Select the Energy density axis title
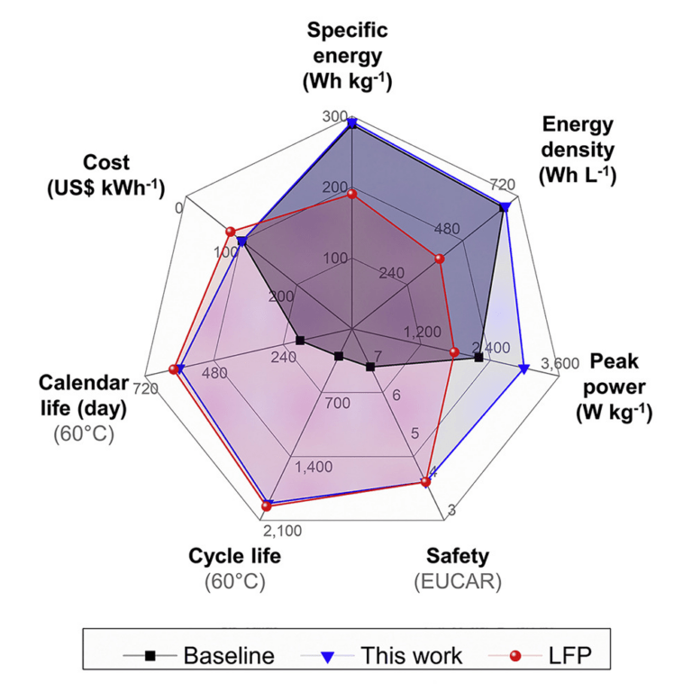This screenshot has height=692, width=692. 577,150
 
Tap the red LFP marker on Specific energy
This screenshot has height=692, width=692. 352,194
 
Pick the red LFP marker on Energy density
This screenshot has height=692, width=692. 439,259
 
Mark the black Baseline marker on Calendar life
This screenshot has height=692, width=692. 300,341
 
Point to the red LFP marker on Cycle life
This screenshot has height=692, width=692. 266,506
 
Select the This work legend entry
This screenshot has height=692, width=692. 387,655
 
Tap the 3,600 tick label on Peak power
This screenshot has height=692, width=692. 559,363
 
